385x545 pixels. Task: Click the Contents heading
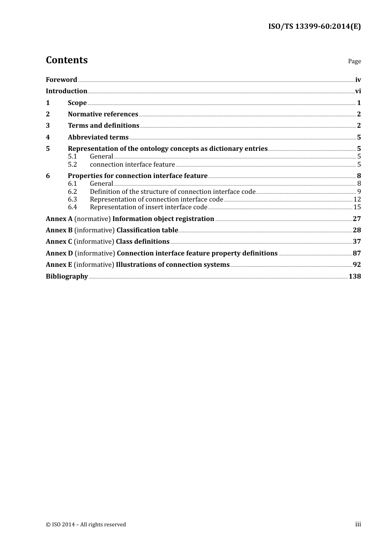66,60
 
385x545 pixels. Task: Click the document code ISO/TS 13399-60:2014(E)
314,27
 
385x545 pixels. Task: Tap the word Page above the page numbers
354,61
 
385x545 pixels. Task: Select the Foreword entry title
61,80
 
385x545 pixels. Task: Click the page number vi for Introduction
358,91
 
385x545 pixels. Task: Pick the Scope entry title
77,103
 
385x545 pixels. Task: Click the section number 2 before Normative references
48,114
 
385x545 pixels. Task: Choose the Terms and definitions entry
103,126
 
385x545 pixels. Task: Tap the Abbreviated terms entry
98,137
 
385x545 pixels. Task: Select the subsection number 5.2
72,165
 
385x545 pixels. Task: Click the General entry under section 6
101,184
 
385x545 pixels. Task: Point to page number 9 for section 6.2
359,192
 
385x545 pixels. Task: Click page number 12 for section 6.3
357,200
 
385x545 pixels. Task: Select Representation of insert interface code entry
148,207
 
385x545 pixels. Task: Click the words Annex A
59,219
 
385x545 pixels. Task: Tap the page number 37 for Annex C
357,242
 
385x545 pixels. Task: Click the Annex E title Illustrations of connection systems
173,265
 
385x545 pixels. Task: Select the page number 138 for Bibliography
355,277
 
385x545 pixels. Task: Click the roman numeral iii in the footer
358,524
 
